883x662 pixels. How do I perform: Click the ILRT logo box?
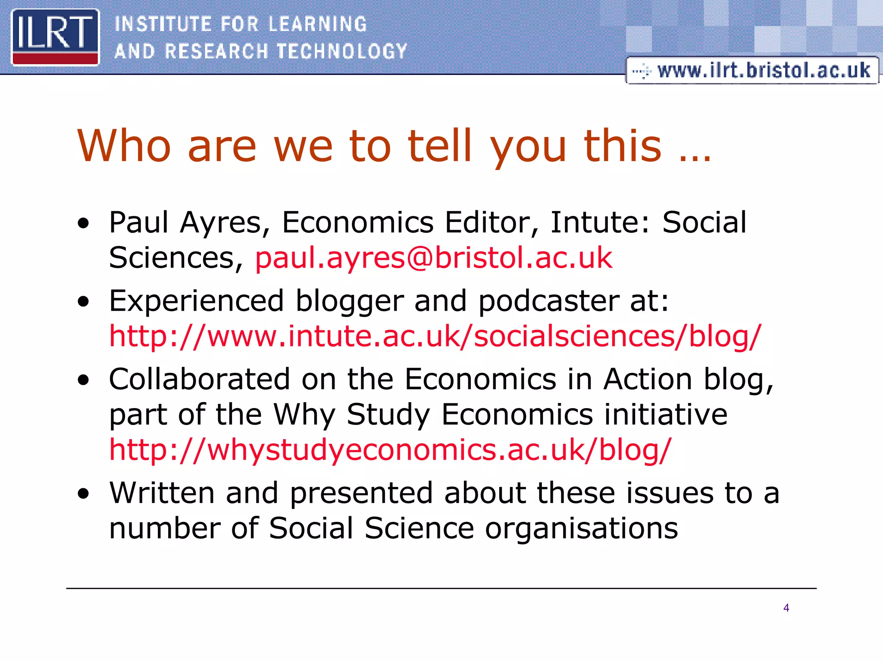click(55, 37)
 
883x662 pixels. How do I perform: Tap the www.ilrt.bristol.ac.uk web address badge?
click(752, 70)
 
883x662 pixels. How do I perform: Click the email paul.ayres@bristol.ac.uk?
click(433, 258)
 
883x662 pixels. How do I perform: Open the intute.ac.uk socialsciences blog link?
click(435, 336)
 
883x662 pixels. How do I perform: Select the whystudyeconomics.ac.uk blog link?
click(390, 450)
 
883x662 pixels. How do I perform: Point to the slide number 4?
click(786, 608)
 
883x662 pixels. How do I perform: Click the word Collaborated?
click(199, 379)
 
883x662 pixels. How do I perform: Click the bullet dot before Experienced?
click(83, 302)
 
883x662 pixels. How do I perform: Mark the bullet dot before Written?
click(83, 494)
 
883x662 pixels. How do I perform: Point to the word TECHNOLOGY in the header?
click(342, 51)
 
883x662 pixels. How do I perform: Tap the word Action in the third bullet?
click(647, 379)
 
